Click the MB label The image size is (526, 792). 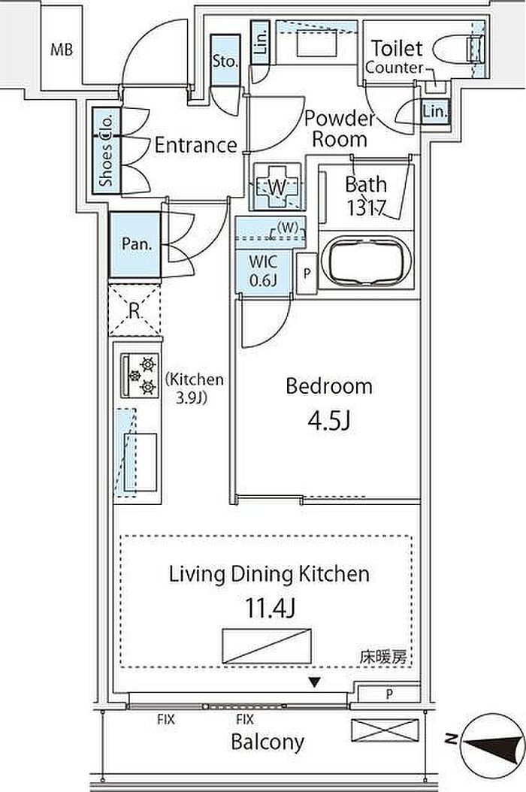(x=62, y=50)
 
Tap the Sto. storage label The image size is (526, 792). (x=225, y=62)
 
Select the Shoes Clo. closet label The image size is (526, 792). (x=107, y=150)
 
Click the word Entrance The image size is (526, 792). (x=196, y=146)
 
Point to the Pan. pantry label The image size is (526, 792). (x=137, y=244)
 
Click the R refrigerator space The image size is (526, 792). (x=134, y=310)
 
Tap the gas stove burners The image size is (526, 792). (x=140, y=375)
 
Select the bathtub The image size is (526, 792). (x=366, y=261)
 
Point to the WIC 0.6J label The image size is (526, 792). (x=263, y=271)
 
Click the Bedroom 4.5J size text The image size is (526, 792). (x=329, y=420)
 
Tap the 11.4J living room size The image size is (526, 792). (x=270, y=608)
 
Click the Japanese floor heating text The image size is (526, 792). (x=383, y=657)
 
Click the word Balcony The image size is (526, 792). (x=268, y=742)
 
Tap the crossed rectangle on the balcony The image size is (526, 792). (x=385, y=730)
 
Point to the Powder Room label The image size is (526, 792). (x=340, y=129)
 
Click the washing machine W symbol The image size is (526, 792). (x=277, y=187)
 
